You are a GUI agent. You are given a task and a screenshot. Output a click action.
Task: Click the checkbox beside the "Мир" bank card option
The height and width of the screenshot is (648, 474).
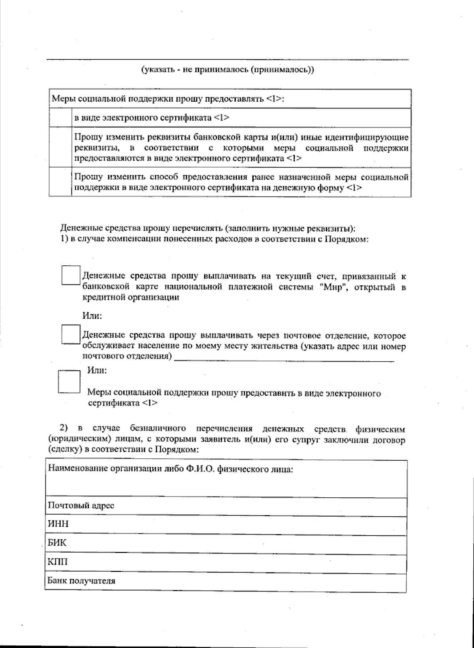point(71,275)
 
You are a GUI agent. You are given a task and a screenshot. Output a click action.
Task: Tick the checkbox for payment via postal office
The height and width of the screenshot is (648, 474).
point(71,334)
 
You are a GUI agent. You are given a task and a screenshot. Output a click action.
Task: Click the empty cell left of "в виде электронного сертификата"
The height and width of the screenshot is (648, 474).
point(60,118)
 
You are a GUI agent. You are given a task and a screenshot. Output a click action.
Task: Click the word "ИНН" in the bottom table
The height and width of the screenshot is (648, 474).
point(58,524)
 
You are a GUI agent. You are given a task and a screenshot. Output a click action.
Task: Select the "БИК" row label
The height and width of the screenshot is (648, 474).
point(57,542)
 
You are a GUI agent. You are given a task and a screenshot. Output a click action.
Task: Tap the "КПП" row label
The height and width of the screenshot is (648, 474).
point(58,561)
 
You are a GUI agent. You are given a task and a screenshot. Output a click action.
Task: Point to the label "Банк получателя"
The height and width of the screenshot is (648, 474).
point(81,581)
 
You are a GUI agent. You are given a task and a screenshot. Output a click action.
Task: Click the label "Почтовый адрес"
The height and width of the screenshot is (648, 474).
point(81,505)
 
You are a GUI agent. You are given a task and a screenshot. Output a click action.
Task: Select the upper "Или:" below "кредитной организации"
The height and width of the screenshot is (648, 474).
point(92,316)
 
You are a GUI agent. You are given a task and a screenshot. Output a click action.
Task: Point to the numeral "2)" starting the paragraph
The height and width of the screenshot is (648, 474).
point(64,428)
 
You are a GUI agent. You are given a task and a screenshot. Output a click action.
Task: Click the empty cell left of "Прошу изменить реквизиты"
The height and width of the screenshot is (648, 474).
point(60,147)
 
